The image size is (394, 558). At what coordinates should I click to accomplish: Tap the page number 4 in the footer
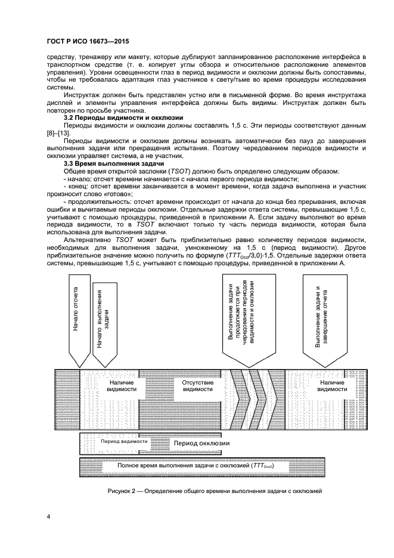pyautogui.click(x=48, y=516)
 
